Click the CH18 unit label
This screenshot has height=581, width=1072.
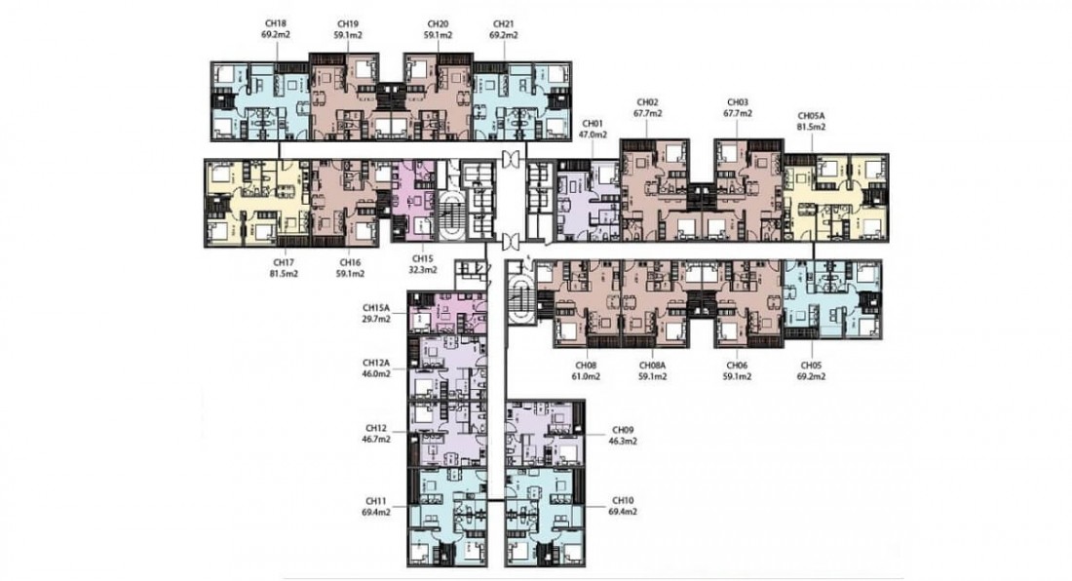click(x=277, y=23)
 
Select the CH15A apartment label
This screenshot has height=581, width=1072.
click(x=376, y=308)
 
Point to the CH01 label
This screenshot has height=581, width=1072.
click(x=593, y=124)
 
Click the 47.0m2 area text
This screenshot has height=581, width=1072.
click(x=593, y=135)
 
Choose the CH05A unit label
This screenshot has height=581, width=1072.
click(x=812, y=116)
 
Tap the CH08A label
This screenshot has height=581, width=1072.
click(x=652, y=366)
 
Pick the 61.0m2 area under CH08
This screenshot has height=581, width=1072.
click(x=587, y=376)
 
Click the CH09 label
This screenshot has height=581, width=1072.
click(x=623, y=430)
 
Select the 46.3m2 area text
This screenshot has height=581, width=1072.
click(x=623, y=441)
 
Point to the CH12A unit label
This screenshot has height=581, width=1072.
click(x=376, y=363)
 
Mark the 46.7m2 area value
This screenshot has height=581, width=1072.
click(x=376, y=439)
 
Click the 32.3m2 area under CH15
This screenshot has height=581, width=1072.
click(x=423, y=270)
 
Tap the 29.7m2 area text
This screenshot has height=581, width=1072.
click(x=376, y=319)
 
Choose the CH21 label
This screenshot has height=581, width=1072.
click(x=503, y=23)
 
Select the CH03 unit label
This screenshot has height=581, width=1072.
click(x=738, y=102)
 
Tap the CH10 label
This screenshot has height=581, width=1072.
click(x=623, y=500)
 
